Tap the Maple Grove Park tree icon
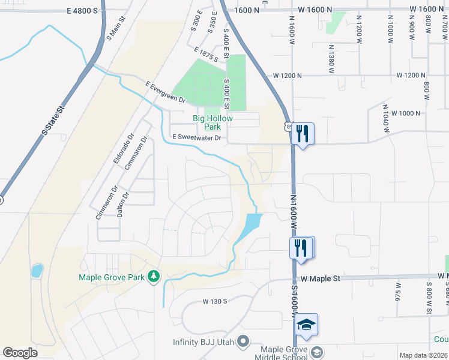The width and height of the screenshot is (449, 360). point(154,276)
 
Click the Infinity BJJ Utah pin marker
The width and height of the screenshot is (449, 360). point(243,341)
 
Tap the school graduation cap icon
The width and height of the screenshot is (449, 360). point(307,325)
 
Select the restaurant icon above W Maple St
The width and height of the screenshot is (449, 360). point(300,247)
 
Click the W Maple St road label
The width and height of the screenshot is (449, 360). point(321,278)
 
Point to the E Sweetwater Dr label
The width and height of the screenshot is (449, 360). point(197,137)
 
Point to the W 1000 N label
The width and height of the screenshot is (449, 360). point(405,113)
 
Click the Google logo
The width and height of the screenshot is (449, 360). point(20,353)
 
